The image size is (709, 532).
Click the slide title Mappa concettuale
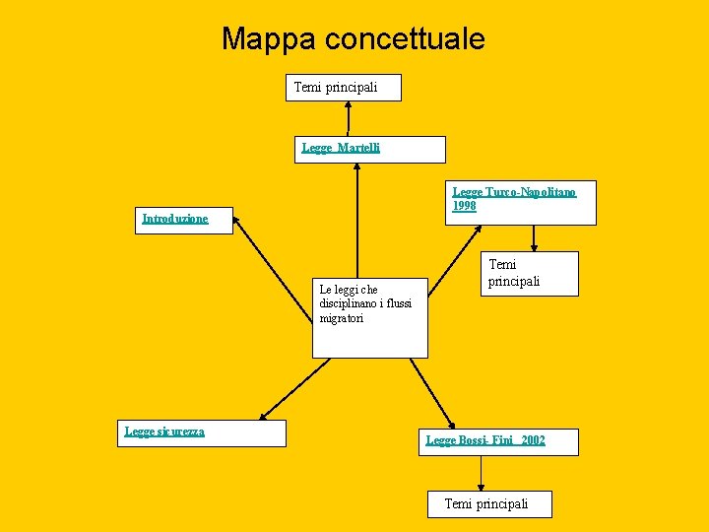[x=353, y=38]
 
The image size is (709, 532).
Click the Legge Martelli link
[x=341, y=148]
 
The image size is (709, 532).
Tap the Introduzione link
[x=175, y=219]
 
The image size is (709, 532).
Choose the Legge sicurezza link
[x=164, y=431]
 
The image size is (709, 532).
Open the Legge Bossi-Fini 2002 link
[x=484, y=440]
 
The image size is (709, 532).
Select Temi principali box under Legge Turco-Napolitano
[x=514, y=273]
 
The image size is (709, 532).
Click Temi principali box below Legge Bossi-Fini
[x=485, y=503]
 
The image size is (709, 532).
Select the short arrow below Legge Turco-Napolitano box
[x=534, y=238]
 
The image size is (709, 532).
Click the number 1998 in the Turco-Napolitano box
[x=464, y=206]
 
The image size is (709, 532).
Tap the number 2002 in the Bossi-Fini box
[x=533, y=440]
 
